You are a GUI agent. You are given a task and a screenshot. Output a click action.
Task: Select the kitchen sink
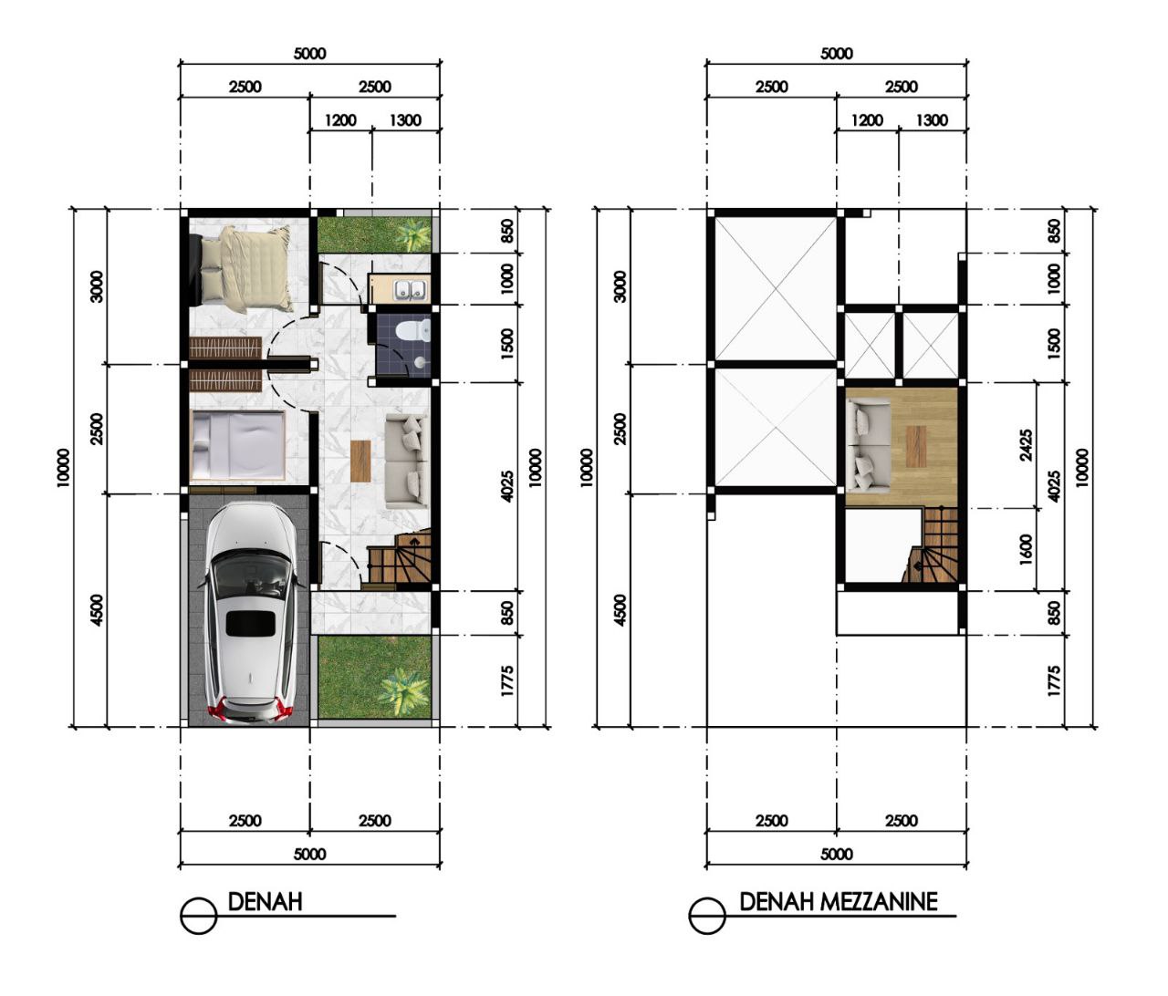(x=410, y=289)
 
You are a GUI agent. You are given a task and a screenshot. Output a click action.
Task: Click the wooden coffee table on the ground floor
(x=360, y=461)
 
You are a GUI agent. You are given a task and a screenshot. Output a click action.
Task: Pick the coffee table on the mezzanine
(x=917, y=447)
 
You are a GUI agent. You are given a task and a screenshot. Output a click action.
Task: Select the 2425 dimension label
(x=1026, y=446)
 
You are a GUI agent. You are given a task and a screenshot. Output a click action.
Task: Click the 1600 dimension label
(x=1027, y=549)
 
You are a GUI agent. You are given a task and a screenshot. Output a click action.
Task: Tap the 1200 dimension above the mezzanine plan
(x=867, y=120)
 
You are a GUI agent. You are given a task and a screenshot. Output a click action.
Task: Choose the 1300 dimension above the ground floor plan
(x=405, y=120)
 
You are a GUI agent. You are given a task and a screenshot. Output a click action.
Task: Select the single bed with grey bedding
(x=238, y=446)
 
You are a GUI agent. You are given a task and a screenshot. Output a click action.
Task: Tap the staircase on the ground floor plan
(x=400, y=558)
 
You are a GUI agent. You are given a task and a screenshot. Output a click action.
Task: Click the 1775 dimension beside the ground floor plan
(x=507, y=681)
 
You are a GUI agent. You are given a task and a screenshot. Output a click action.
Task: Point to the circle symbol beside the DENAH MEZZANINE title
(x=707, y=916)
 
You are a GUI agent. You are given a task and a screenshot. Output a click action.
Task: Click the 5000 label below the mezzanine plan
(x=836, y=854)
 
